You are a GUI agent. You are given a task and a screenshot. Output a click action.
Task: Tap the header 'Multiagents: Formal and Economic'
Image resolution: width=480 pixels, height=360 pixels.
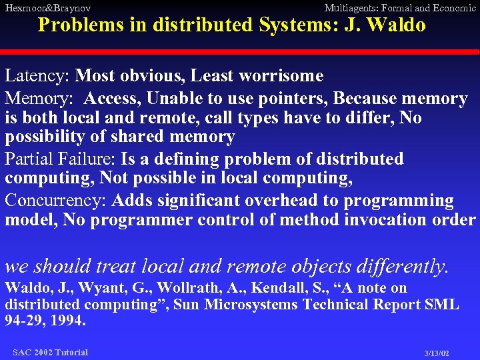coord(399,8)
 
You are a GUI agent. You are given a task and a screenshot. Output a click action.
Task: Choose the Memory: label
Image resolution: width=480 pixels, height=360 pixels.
coord(40,99)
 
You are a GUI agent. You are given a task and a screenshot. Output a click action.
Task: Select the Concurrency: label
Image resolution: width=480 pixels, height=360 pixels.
coord(57,201)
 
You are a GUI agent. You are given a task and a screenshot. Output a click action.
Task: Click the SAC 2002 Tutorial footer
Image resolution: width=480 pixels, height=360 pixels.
coord(50,352)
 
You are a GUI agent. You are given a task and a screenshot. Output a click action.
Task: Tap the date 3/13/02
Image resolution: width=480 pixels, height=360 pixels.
coord(437,353)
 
